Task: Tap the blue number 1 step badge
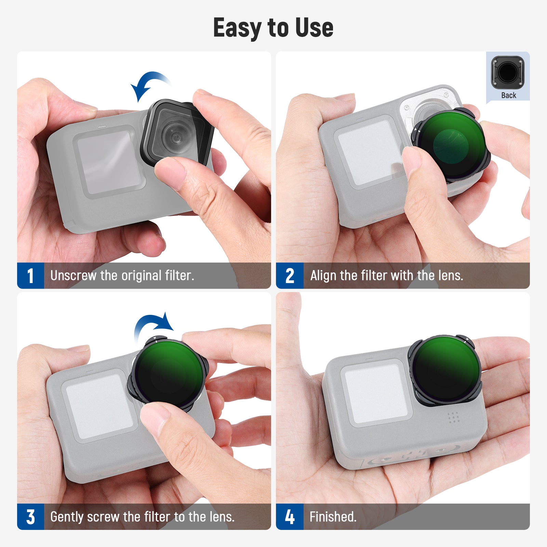click(30, 276)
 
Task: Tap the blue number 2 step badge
click(290, 276)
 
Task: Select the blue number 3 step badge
click(30, 517)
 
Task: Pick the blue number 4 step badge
click(290, 517)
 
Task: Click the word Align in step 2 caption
click(323, 276)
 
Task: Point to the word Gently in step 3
click(67, 517)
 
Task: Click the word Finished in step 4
click(333, 517)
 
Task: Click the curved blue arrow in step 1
click(149, 84)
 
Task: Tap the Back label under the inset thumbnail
click(508, 95)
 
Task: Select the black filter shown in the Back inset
click(508, 72)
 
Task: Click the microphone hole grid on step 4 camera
click(453, 417)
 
